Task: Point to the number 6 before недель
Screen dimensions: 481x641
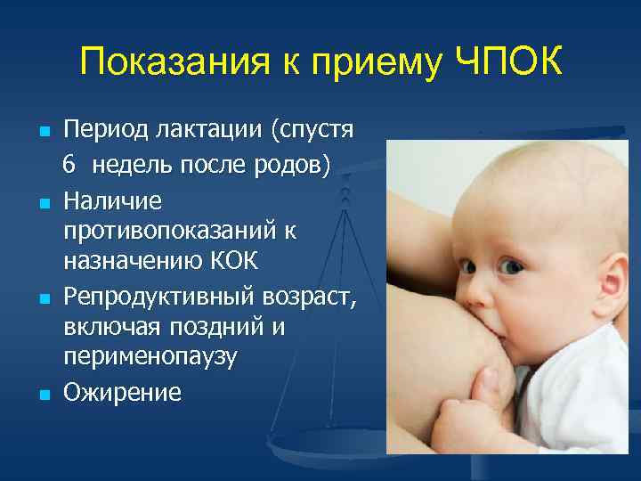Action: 69,163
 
